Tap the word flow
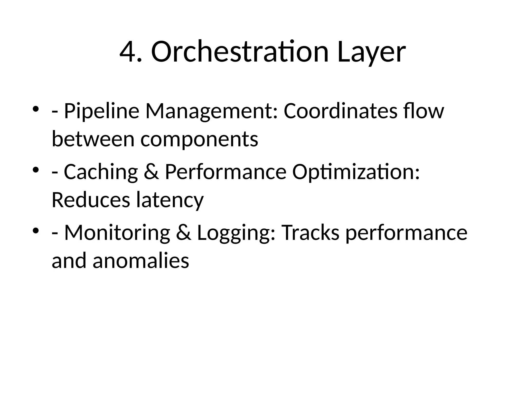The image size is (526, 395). [423, 111]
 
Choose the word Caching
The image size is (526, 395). [101, 172]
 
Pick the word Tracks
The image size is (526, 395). [311, 232]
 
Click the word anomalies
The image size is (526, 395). [141, 260]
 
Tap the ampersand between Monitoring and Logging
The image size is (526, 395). [184, 233]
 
